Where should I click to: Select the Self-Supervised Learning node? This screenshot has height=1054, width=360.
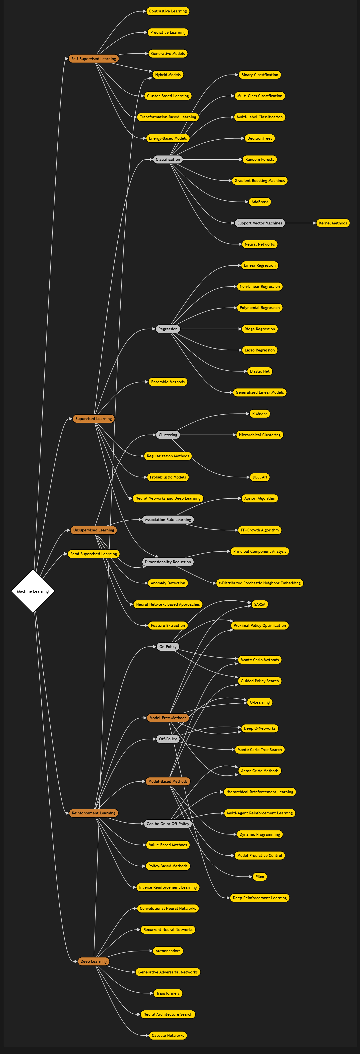[x=94, y=59]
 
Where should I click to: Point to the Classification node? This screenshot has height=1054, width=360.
[x=168, y=160]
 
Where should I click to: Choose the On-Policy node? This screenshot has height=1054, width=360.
[x=168, y=646]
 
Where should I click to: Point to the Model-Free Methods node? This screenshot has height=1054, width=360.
[x=168, y=718]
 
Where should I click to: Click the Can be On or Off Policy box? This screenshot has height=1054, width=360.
[x=168, y=824]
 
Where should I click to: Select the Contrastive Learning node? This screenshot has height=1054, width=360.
[x=168, y=11]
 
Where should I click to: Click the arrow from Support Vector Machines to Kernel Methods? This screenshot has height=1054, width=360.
[x=300, y=223]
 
